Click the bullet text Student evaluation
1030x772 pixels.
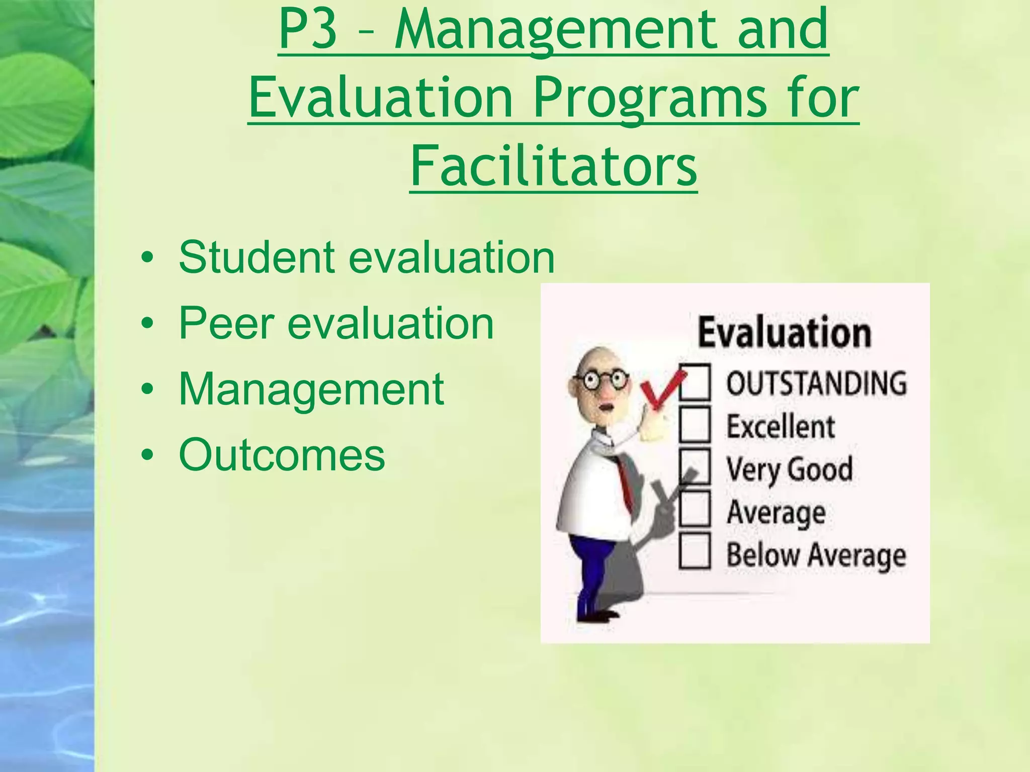[366, 257]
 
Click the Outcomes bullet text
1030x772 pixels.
[282, 454]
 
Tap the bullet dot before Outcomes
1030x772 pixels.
[147, 455]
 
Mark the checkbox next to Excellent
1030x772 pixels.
[695, 425]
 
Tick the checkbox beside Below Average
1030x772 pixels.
[695, 552]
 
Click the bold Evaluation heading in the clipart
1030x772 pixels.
[784, 333]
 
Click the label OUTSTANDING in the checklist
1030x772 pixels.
[816, 383]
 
